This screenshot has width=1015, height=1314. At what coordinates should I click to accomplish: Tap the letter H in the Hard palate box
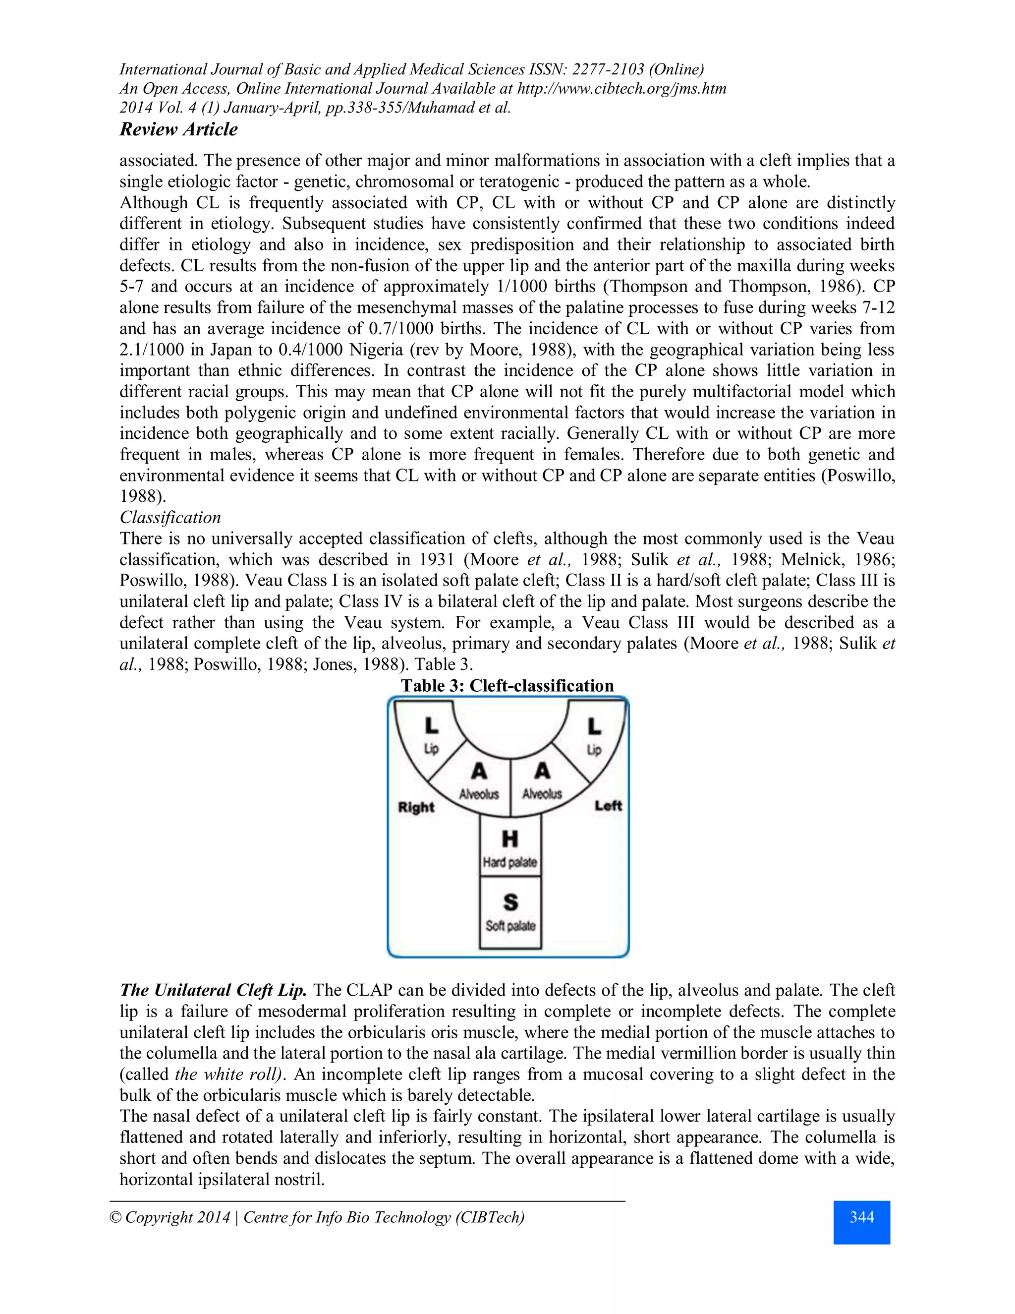pos(510,838)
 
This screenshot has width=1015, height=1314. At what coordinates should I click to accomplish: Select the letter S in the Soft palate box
pos(510,902)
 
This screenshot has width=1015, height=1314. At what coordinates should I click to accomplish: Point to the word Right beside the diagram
pos(416,807)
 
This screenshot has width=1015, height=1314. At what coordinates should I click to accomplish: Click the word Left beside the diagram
pos(608,806)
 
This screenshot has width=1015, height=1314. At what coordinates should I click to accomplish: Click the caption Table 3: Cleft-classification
pos(507,686)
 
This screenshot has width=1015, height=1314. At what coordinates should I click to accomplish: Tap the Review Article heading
pos(178,129)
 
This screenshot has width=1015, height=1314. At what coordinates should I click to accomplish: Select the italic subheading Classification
pos(170,517)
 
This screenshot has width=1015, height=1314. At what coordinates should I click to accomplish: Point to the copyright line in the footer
pos(317,1218)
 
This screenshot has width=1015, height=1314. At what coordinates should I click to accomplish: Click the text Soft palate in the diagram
pos(510,925)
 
